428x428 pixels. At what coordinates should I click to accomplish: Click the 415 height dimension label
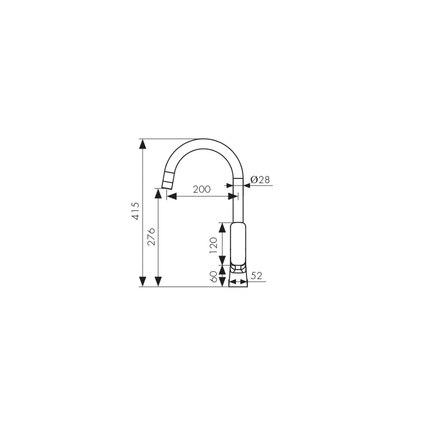pos(136,211)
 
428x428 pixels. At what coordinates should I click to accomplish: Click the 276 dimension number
pos(151,236)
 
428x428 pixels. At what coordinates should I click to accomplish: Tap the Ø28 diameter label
pos(260,180)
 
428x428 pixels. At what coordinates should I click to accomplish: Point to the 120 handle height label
pos(214,245)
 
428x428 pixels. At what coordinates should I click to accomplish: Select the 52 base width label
pos(256,276)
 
